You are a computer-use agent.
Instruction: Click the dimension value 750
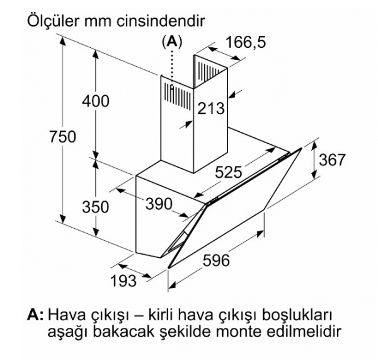click(x=62, y=137)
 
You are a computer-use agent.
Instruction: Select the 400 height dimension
click(x=96, y=101)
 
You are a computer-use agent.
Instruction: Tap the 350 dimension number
click(x=96, y=207)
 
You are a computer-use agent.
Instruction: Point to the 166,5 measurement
click(x=246, y=42)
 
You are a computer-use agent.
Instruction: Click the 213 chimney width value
click(x=211, y=108)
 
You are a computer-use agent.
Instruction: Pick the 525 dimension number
click(x=228, y=172)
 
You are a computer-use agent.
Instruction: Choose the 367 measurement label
click(x=332, y=160)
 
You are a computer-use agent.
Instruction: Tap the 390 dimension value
click(x=159, y=204)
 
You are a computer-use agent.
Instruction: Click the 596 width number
click(x=215, y=260)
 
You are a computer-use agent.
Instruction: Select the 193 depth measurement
click(x=123, y=281)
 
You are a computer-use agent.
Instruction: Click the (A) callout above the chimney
click(x=172, y=42)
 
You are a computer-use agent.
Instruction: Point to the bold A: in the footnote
click(x=35, y=315)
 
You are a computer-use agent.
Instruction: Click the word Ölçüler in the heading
click(x=53, y=21)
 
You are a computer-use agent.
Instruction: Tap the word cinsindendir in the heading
click(x=161, y=21)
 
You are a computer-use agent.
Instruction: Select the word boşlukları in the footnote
click(x=297, y=316)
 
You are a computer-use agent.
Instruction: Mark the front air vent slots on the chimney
click(x=178, y=96)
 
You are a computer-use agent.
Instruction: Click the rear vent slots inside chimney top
click(x=209, y=71)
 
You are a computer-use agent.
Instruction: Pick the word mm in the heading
click(x=98, y=23)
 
